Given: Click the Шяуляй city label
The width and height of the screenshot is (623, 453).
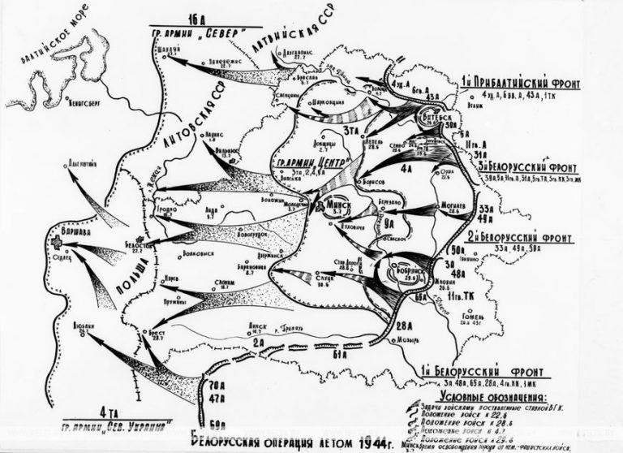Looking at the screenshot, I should tap(167, 47).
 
